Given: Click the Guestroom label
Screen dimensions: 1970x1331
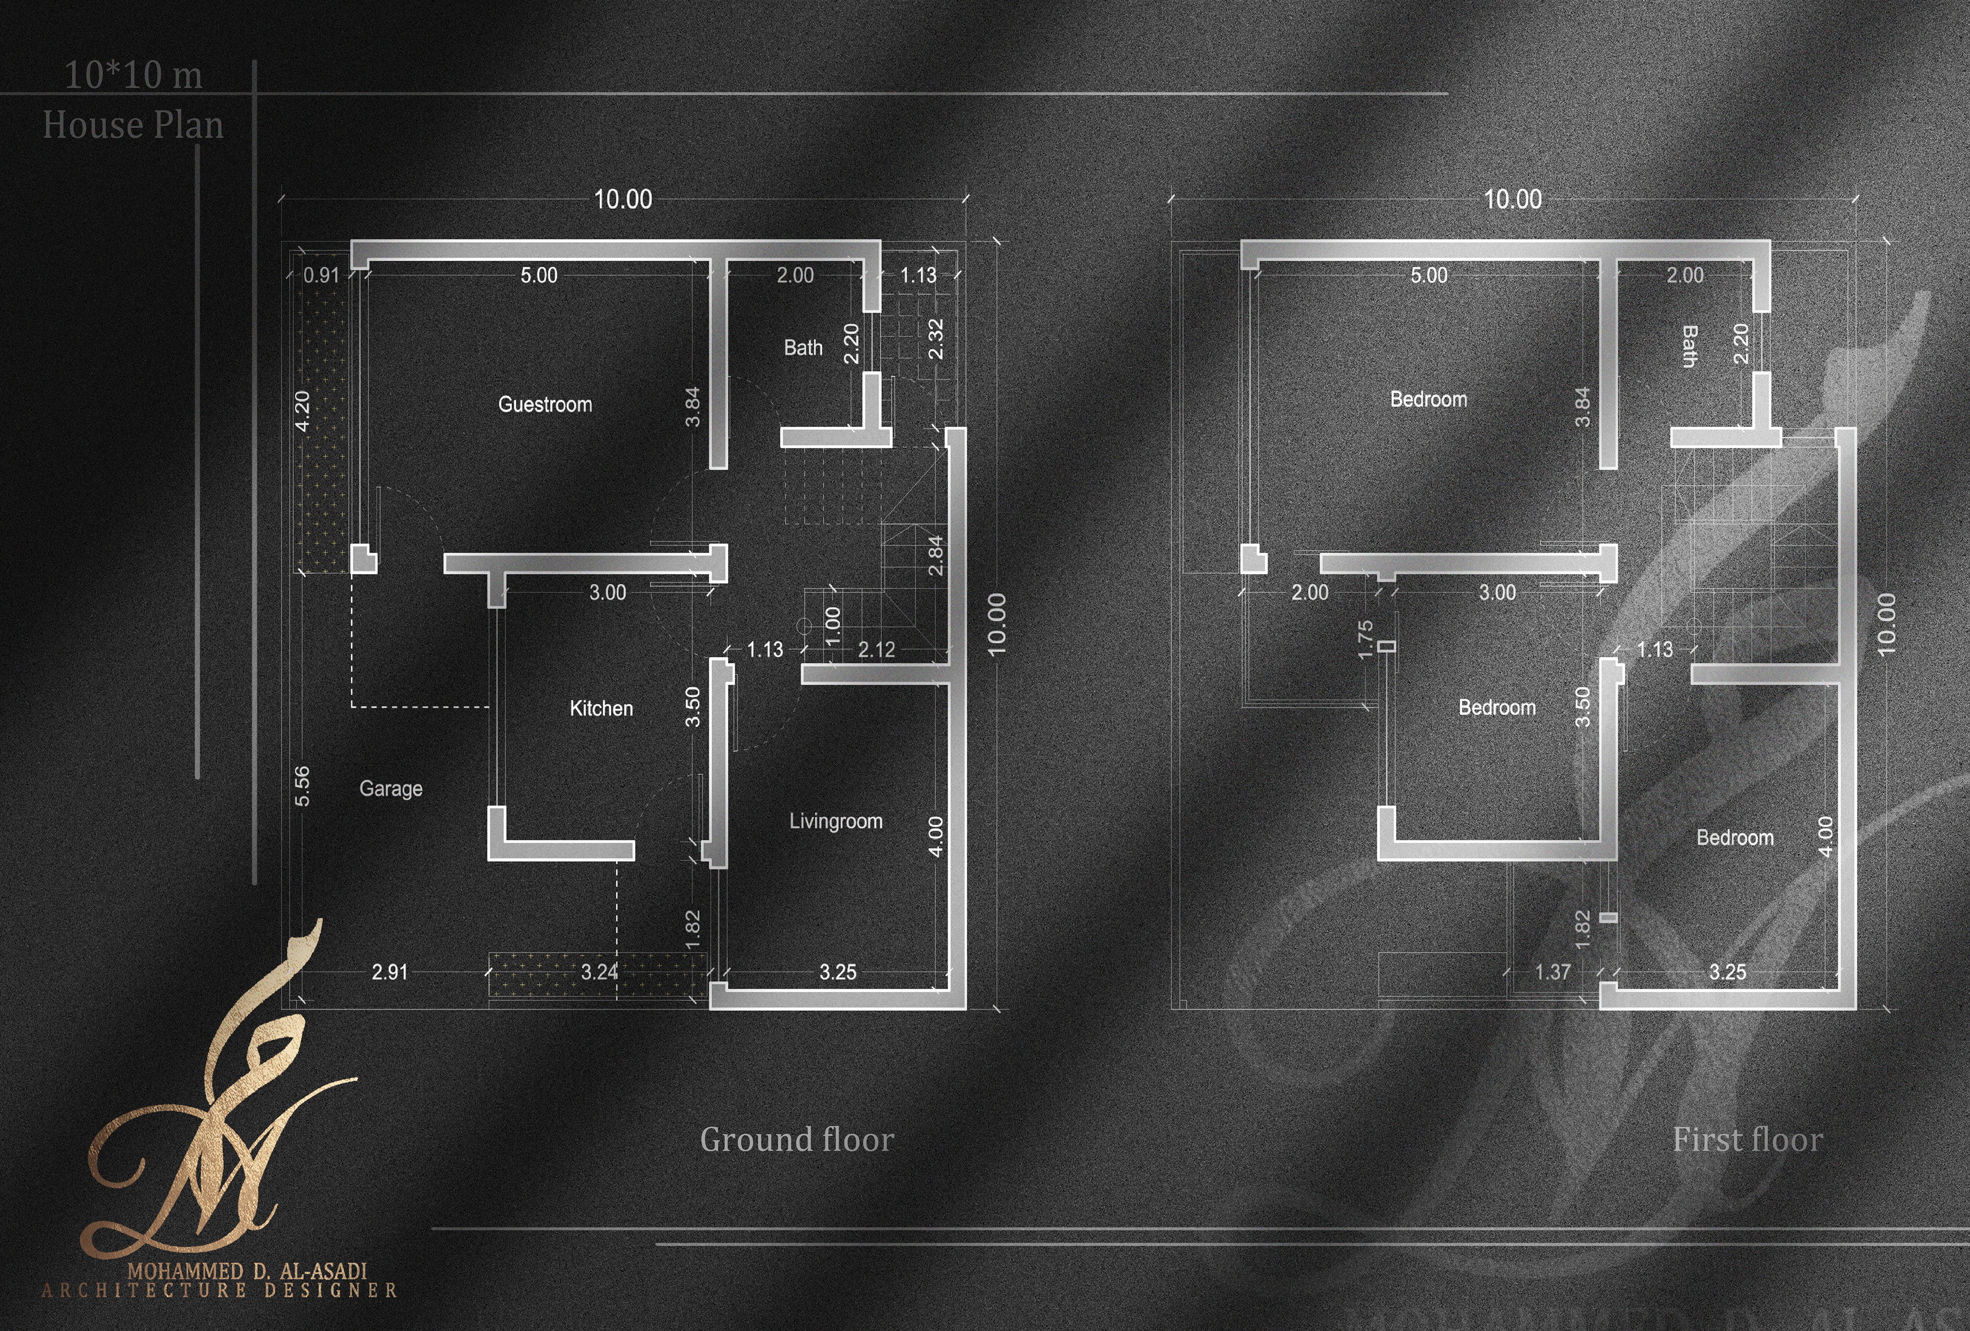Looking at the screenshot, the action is tap(545, 404).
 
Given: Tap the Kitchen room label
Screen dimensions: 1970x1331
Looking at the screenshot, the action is tap(601, 708).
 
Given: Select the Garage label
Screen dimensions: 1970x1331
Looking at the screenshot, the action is tap(391, 789).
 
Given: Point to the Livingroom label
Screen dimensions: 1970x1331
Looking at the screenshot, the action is tap(836, 820).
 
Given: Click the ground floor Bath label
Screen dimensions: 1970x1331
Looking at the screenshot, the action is tap(803, 347).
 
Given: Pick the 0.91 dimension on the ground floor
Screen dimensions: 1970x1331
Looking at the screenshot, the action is tap(321, 276).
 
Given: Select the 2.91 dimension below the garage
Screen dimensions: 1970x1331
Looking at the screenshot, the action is tap(390, 971).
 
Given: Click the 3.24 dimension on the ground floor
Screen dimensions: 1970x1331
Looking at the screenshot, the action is tap(599, 971).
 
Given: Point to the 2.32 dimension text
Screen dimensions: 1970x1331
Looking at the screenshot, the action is tap(936, 339).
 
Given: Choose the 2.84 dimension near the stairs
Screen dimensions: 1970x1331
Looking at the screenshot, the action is tap(936, 555).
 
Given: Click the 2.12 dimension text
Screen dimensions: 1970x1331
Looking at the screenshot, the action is tap(877, 650).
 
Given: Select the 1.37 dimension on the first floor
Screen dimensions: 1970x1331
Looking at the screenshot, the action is tap(1553, 971).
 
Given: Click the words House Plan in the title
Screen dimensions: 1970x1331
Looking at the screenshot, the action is tap(133, 125).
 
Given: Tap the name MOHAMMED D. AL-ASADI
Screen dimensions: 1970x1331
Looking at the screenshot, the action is tap(247, 1271).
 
